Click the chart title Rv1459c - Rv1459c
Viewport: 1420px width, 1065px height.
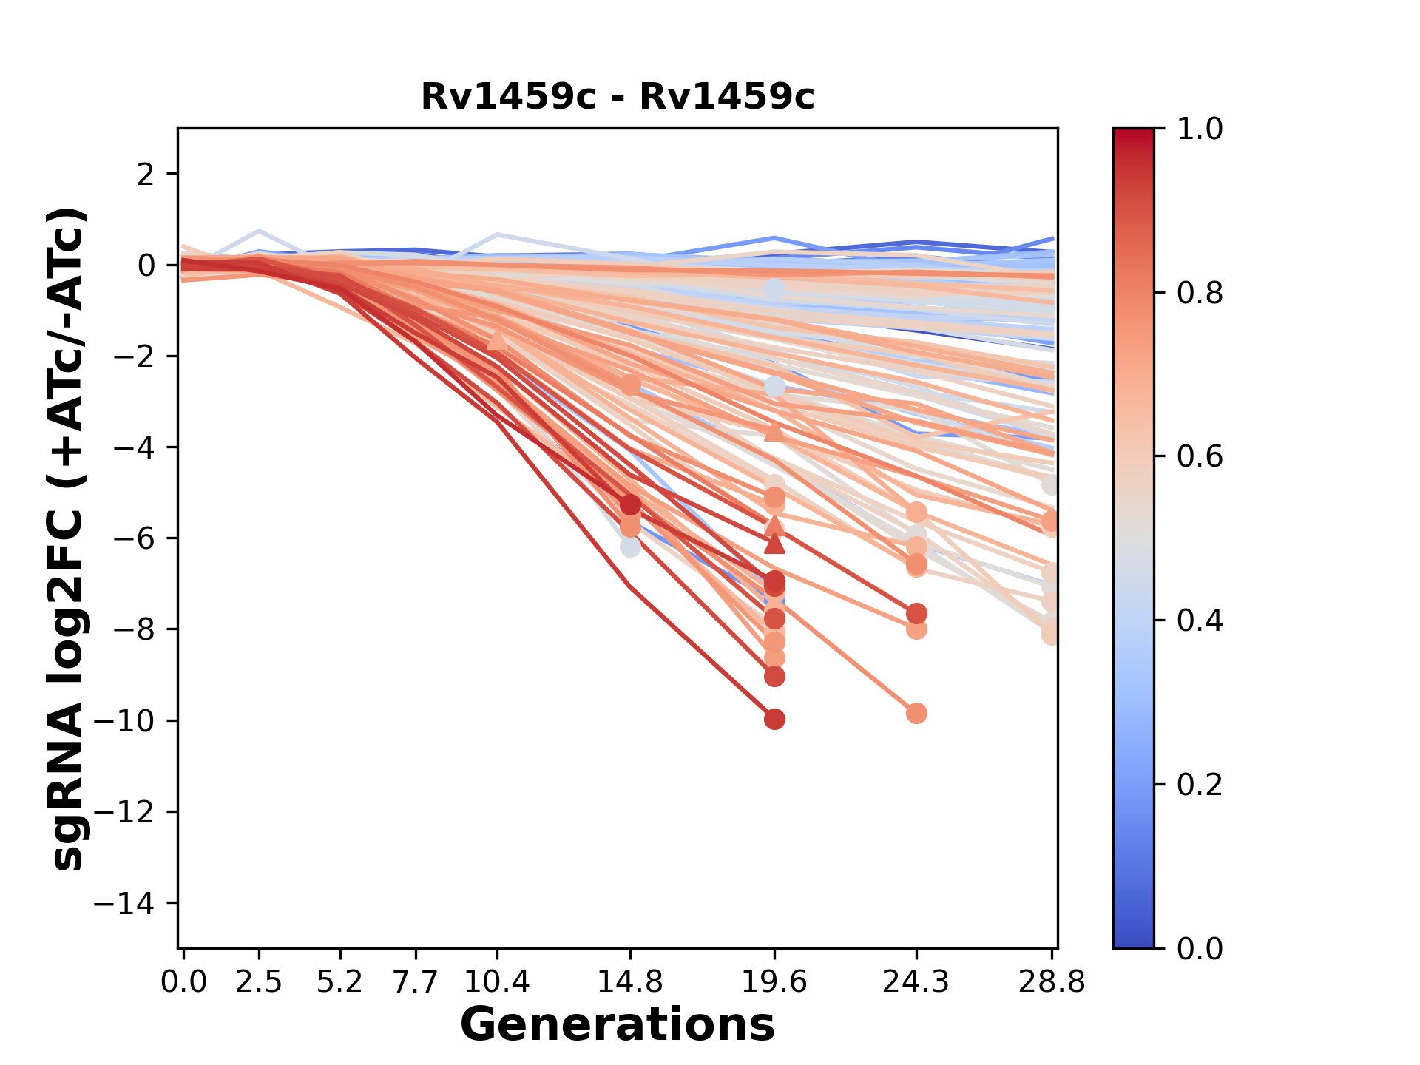coord(618,97)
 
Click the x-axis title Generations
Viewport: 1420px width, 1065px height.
coord(618,1025)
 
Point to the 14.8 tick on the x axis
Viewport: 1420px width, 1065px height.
coord(630,982)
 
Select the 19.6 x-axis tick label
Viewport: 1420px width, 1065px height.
coord(774,982)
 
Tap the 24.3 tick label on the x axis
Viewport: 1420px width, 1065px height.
coord(916,982)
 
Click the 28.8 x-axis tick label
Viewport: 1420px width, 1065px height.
coord(1052,982)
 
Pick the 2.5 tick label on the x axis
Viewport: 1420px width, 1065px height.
coord(259,982)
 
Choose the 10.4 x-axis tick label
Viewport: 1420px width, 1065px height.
coord(497,982)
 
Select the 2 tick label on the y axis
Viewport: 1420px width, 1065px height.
coord(146,175)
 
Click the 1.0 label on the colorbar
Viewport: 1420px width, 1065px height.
coord(1200,129)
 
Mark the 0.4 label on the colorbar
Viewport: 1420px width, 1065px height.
coord(1200,621)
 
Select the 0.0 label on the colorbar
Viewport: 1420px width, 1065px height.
coord(1200,948)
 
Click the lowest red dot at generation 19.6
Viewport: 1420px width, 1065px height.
coord(774,719)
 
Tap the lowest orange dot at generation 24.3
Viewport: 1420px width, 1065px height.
coord(916,713)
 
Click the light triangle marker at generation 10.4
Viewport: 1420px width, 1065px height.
coord(497,339)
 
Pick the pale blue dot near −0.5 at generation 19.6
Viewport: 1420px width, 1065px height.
coord(774,289)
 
